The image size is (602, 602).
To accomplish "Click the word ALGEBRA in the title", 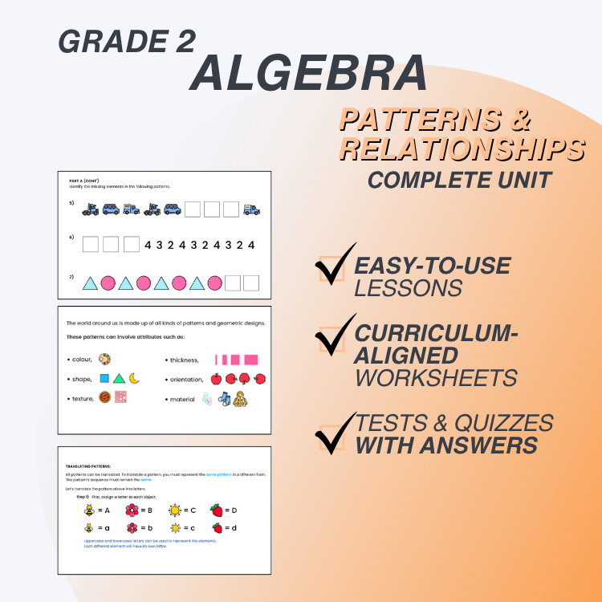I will click(309, 74).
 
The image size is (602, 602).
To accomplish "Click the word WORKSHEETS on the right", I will click(436, 377).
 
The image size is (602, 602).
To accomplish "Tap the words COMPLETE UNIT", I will click(459, 179).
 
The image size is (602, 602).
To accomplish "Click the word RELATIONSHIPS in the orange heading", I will click(462, 148).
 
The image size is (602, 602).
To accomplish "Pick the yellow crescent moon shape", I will click(134, 378).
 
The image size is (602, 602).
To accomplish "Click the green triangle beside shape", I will click(119, 378).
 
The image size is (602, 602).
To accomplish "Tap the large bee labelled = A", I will click(89, 510).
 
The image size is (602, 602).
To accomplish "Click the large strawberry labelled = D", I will click(217, 510).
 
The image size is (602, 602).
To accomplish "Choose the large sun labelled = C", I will click(174, 510).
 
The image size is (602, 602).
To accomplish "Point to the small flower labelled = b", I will click(132, 528).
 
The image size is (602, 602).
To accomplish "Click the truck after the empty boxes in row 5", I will click(251, 209).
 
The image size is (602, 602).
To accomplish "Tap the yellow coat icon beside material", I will click(239, 398).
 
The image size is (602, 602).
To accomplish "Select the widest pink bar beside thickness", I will click(251, 360).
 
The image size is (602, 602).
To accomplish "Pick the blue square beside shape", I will click(104, 378).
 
